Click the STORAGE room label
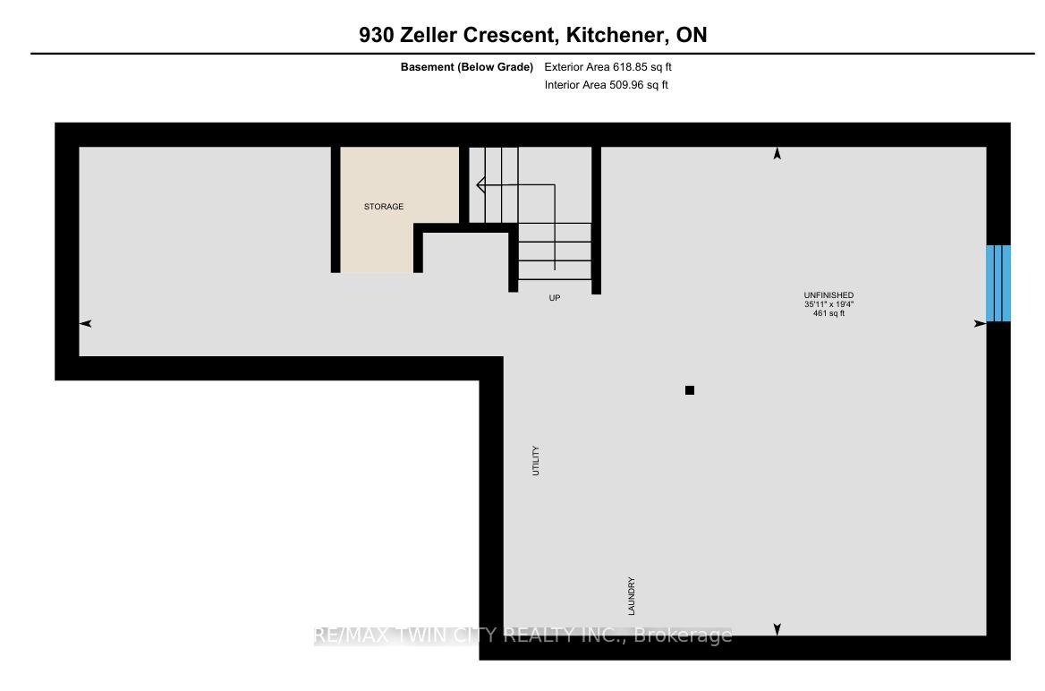tap(383, 207)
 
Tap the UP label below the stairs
tap(555, 298)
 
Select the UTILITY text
tap(536, 460)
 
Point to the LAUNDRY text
tap(631, 596)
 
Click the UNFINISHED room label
tap(828, 294)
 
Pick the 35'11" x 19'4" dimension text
tap(828, 304)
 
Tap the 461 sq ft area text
tap(828, 312)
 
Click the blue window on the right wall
tap(998, 284)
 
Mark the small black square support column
tap(690, 390)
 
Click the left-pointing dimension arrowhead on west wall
tap(85, 323)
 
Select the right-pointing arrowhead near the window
tap(980, 323)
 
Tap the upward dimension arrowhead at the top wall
tap(777, 154)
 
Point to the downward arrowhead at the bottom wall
tap(777, 629)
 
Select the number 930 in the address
tap(377, 35)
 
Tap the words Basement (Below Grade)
tap(466, 67)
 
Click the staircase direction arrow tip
tap(478, 184)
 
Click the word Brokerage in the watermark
tap(683, 636)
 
